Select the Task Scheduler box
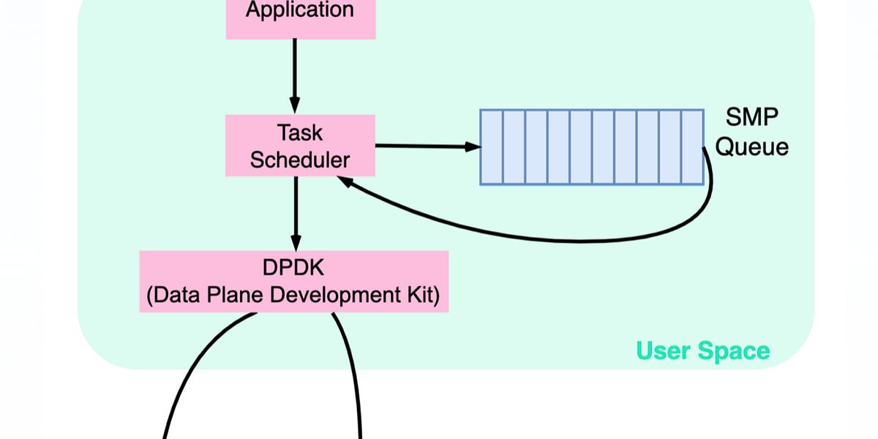click(x=300, y=145)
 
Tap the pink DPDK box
click(x=293, y=281)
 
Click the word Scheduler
click(x=300, y=160)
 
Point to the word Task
click(x=300, y=132)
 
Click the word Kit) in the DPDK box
click(x=422, y=296)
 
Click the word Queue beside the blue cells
click(x=752, y=146)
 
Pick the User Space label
click(x=703, y=350)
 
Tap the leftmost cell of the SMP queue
click(x=492, y=147)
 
